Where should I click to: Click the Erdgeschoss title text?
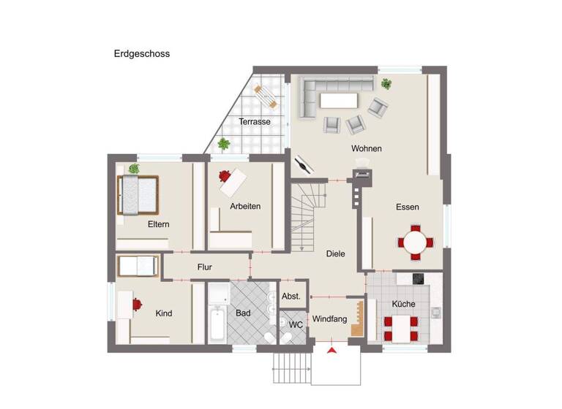click(142, 53)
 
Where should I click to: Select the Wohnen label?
click(367, 149)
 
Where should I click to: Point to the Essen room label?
click(408, 207)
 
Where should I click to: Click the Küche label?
click(403, 304)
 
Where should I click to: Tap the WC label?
click(296, 324)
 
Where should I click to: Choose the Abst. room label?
click(291, 296)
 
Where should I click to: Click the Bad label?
click(243, 313)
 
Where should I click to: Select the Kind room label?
click(164, 313)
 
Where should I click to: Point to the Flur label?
click(205, 267)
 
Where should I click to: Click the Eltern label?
click(158, 224)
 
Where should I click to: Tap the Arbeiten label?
click(245, 206)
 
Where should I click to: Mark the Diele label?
click(335, 253)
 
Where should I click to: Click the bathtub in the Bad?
click(217, 325)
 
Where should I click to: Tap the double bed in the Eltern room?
click(138, 195)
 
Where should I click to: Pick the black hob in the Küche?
click(419, 278)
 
